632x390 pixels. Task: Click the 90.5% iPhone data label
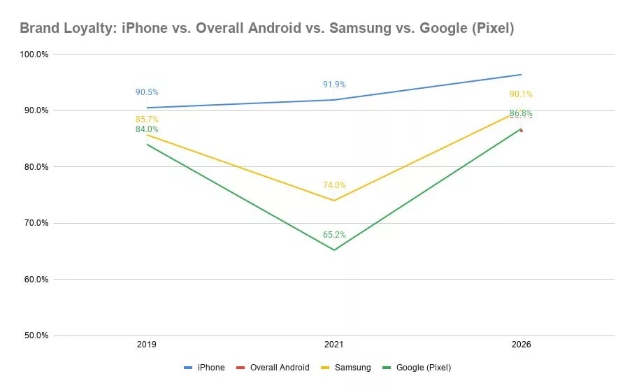147,92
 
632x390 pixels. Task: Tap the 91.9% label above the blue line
334,85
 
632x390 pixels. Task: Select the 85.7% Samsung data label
147,120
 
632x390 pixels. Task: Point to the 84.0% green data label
147,129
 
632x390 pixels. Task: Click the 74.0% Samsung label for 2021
334,185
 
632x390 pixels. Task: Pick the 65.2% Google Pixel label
334,235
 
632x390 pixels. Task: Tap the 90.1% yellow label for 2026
521,94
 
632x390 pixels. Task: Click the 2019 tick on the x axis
147,345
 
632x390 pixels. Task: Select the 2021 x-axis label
334,345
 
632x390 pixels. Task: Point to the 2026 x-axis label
521,345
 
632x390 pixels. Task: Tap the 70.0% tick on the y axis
35,223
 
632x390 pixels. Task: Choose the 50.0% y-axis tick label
35,335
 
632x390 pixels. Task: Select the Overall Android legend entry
274,368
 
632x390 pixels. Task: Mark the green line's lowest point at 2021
334,250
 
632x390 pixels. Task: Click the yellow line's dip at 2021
334,201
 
